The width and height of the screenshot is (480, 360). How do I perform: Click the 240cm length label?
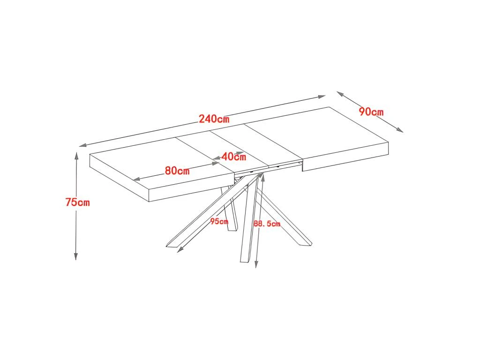tap(214, 119)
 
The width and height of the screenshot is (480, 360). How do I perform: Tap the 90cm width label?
tap(371, 112)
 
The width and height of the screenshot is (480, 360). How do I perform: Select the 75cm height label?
tap(77, 202)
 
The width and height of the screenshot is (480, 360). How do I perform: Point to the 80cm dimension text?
tap(177, 171)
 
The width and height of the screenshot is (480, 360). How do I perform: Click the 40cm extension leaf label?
tap(233, 157)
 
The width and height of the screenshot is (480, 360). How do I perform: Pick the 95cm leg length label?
tap(219, 221)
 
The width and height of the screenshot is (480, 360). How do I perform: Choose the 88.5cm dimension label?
tap(267, 224)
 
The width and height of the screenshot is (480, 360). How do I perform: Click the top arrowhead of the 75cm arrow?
tap(76, 155)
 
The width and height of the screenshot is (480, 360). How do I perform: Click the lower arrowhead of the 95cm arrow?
tap(179, 250)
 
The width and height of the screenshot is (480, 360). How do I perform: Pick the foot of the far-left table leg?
tap(172, 245)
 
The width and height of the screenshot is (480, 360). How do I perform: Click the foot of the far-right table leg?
tap(305, 244)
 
